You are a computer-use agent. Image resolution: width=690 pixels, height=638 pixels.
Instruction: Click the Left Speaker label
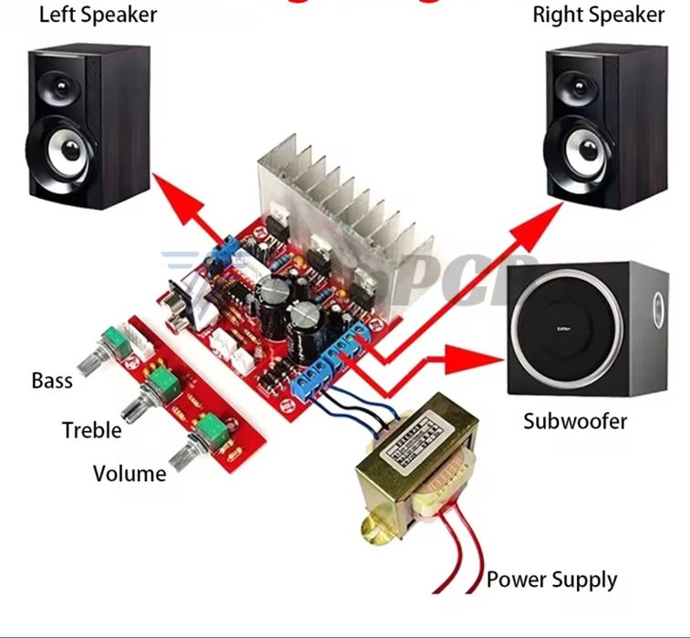coord(98,15)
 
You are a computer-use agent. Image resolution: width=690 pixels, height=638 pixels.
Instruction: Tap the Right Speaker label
coord(598,15)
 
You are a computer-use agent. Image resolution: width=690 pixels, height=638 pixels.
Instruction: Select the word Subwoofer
coord(575,421)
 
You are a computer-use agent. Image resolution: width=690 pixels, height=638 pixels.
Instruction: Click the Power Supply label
coord(551,580)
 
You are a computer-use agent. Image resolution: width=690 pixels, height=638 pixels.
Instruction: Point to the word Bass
coord(52,380)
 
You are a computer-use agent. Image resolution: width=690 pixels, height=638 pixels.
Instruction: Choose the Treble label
coord(91,430)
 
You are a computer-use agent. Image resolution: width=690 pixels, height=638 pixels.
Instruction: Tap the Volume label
coord(129,474)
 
